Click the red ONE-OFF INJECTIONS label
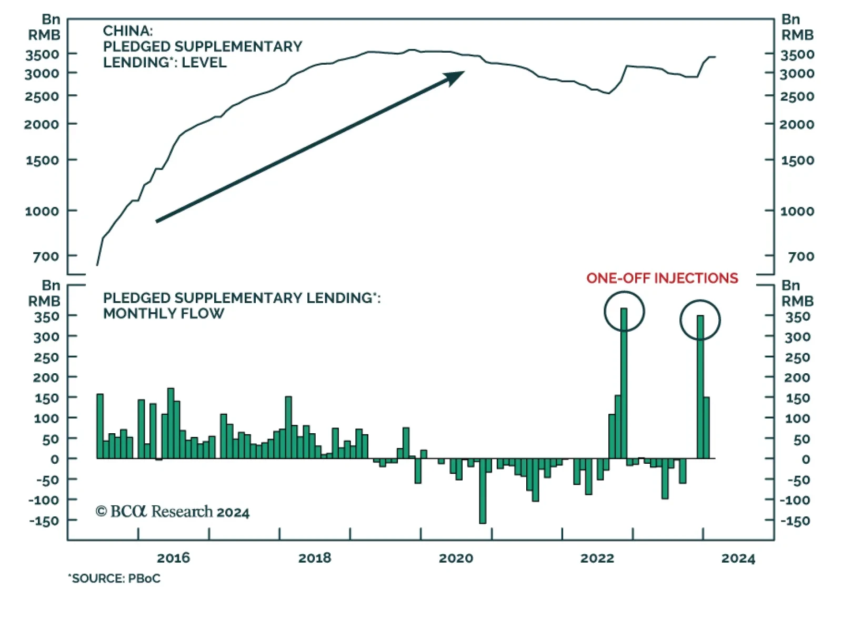click(662, 278)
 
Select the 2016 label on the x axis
click(173, 558)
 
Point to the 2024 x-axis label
click(738, 558)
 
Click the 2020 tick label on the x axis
click(456, 558)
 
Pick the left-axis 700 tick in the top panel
click(46, 256)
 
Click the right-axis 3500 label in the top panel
click(797, 54)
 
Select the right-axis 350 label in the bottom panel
click(797, 316)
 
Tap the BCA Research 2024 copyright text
click(172, 512)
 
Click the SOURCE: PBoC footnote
click(114, 579)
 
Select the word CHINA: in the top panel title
click(128, 31)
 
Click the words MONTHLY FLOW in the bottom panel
click(164, 314)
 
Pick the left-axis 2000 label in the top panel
click(42, 125)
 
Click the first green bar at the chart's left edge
click(100, 426)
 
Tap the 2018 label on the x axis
click(315, 558)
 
